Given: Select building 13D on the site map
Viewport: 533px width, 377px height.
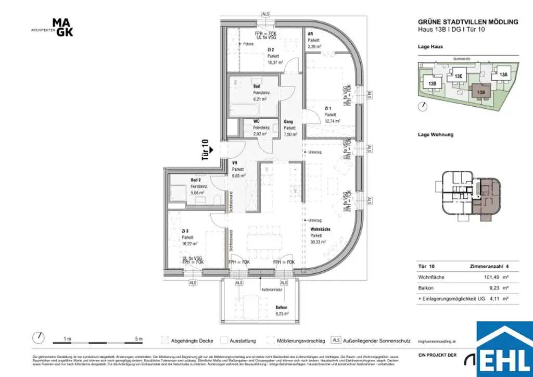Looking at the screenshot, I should pyautogui.click(x=432, y=83).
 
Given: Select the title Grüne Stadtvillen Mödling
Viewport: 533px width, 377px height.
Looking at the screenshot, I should pyautogui.click(x=468, y=22).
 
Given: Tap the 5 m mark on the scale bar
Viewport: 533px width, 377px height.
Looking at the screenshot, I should pyautogui.click(x=138, y=339).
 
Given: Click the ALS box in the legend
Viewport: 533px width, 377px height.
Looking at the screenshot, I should pyautogui.click(x=336, y=341).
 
